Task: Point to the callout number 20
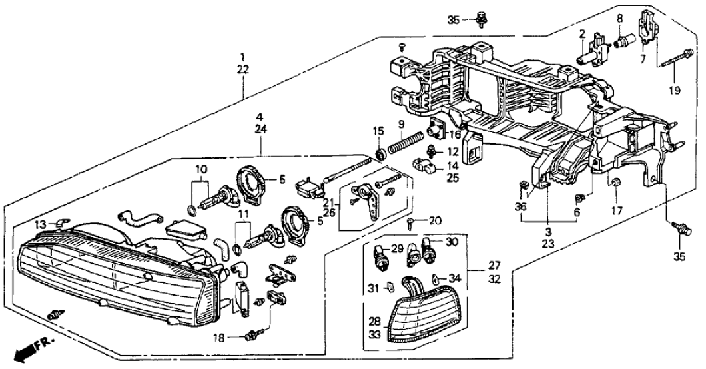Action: (x=436, y=220)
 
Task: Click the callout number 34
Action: (x=455, y=278)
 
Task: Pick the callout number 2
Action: (x=581, y=33)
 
